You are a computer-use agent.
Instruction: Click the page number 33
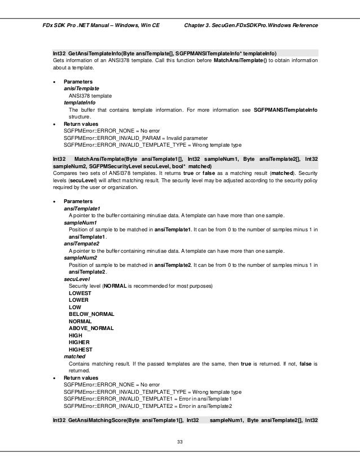180,433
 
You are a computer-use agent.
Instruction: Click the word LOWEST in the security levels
79,293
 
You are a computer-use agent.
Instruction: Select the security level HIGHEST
81,349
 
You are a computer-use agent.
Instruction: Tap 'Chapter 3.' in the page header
197,26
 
